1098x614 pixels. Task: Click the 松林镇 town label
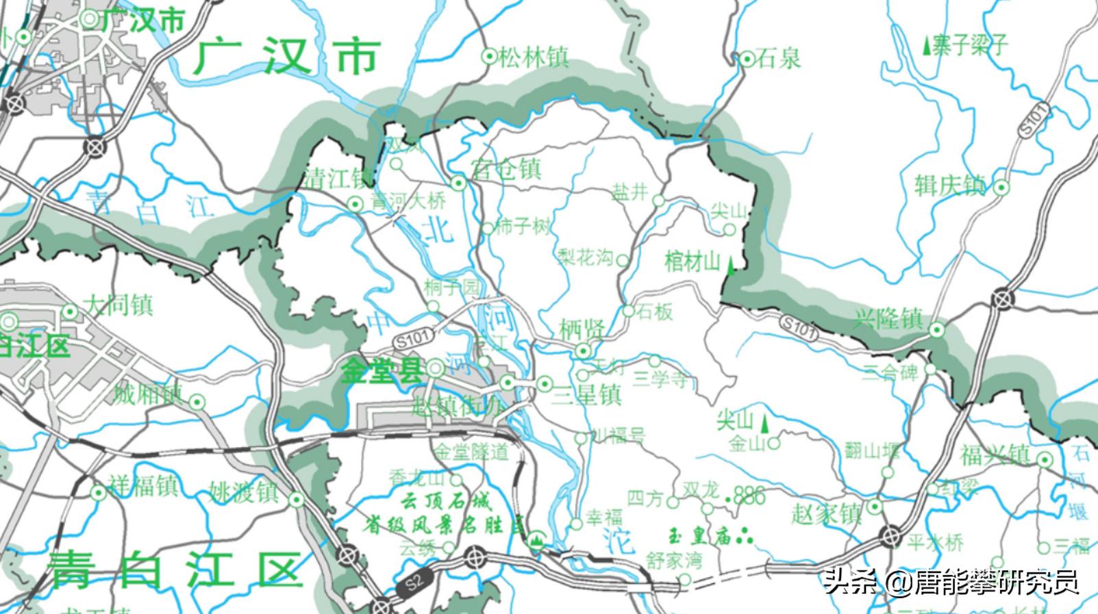[x=534, y=57]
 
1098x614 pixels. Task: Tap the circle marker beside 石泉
[x=747, y=60]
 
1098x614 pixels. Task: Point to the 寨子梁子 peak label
[x=970, y=46]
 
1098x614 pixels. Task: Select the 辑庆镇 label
[x=950, y=186]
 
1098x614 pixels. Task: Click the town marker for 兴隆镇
[x=936, y=331]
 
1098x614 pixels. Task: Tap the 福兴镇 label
[x=995, y=455]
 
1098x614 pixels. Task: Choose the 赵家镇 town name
[x=826, y=513]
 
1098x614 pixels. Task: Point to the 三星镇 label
[x=587, y=395]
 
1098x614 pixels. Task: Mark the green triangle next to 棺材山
[x=731, y=266]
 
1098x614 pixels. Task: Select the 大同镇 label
[x=118, y=305]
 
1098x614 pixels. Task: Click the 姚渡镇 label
[x=244, y=491]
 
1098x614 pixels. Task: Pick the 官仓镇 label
[x=506, y=169]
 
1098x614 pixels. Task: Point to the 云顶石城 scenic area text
[x=446, y=502]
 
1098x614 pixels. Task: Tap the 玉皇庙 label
[x=701, y=536]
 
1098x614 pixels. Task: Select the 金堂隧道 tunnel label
[x=473, y=452]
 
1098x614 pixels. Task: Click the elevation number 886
[x=749, y=496]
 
